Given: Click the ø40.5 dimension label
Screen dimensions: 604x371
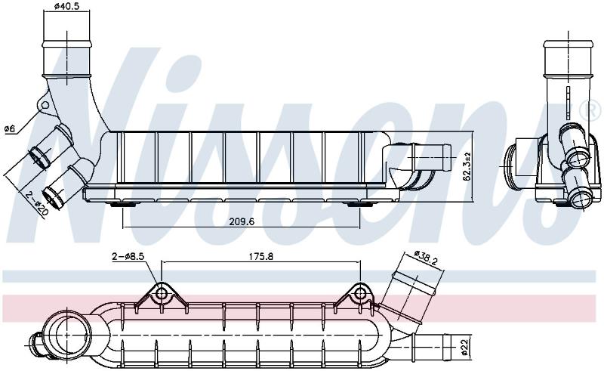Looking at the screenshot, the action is tap(66, 6).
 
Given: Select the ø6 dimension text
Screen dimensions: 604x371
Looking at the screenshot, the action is tap(10, 128).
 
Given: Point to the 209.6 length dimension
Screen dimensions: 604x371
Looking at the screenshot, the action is tap(242, 221).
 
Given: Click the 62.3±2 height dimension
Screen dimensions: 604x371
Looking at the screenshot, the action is tap(467, 166).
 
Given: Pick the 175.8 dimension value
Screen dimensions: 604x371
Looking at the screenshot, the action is tap(260, 255).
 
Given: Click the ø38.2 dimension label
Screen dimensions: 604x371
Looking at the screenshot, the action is tap(426, 258).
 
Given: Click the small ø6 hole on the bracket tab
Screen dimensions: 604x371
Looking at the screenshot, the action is tap(45, 105).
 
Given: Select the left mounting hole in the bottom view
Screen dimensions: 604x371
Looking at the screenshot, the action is tap(161, 294).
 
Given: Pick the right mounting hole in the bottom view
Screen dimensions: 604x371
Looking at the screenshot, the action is tap(361, 293).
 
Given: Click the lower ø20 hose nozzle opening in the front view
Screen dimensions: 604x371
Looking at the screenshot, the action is tap(51, 197).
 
